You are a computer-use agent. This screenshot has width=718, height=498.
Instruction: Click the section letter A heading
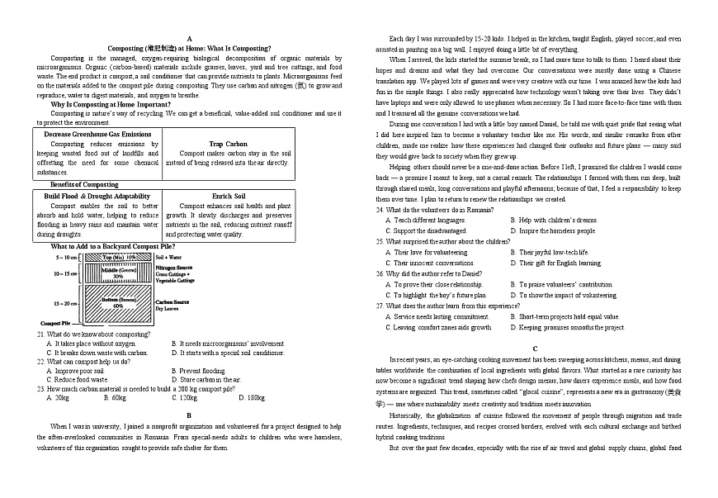(x=189, y=39)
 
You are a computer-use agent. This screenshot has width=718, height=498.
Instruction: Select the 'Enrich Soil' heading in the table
(x=228, y=196)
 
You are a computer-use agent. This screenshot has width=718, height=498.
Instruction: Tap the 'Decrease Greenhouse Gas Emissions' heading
(x=97, y=134)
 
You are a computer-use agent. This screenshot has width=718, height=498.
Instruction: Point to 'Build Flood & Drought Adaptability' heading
(x=97, y=196)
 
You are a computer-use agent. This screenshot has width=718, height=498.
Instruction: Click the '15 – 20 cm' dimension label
(x=65, y=303)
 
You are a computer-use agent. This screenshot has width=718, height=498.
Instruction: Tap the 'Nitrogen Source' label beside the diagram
(x=174, y=268)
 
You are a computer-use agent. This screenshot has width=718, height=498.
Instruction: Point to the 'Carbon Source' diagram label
(x=172, y=302)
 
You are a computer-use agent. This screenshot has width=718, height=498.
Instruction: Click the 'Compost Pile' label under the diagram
(x=55, y=323)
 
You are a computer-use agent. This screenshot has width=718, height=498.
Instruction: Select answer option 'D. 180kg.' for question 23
(x=252, y=397)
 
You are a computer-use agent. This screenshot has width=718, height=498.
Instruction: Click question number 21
(x=40, y=334)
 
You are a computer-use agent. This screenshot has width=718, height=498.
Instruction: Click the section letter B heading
(x=189, y=415)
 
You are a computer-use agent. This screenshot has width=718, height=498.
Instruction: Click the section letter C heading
(x=534, y=349)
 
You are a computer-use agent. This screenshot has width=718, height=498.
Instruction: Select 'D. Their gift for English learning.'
(x=560, y=263)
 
